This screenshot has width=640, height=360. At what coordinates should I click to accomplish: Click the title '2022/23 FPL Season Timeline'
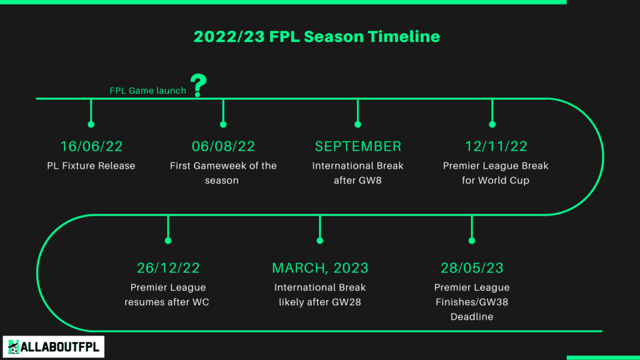(x=317, y=37)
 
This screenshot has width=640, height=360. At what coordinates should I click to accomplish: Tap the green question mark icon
(x=198, y=85)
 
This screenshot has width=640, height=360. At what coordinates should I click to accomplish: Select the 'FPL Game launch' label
(x=147, y=91)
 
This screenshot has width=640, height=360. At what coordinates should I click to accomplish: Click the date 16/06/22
(x=91, y=146)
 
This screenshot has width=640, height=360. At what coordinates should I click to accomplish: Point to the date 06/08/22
(x=223, y=146)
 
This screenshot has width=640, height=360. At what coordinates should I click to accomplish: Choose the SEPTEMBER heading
(x=358, y=146)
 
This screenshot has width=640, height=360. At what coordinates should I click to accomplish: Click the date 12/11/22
(x=496, y=146)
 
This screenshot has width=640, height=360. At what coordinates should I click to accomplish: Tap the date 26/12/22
(x=168, y=267)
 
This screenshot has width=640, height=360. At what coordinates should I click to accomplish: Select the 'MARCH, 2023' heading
(x=320, y=267)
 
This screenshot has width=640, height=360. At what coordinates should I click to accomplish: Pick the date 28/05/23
(x=472, y=267)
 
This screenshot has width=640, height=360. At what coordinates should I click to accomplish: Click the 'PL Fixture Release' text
(x=91, y=166)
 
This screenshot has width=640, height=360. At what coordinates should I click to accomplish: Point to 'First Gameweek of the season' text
(x=223, y=173)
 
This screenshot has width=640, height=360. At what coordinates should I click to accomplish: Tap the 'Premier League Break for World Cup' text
(x=496, y=173)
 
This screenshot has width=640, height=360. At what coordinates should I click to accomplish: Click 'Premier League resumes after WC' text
(x=167, y=295)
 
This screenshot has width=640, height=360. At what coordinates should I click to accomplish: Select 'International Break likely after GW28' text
(x=320, y=295)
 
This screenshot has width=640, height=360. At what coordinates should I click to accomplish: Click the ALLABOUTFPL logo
(x=54, y=347)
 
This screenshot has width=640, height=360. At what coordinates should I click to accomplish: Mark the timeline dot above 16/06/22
(x=91, y=124)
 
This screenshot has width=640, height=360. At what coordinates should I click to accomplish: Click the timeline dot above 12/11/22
(x=492, y=124)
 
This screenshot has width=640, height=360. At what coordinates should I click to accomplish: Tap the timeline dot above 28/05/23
(x=472, y=241)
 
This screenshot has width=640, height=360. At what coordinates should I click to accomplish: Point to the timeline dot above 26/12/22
(x=168, y=241)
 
